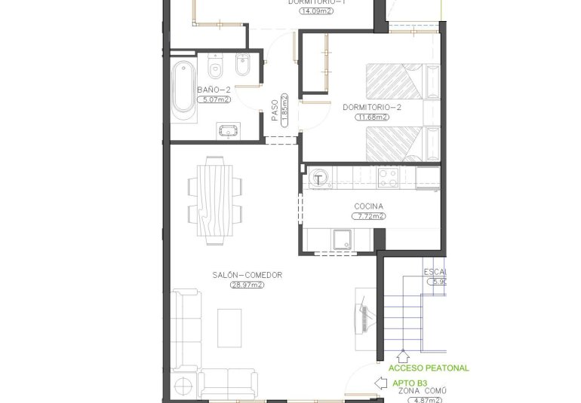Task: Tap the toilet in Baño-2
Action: point(215,69)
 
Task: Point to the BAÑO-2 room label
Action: point(214,90)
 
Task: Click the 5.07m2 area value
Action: point(214,98)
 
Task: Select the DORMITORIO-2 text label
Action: point(371,108)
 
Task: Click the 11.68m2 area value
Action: point(371,117)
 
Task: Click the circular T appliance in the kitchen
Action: point(320,179)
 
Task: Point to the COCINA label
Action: point(368,206)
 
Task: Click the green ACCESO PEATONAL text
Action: point(428,368)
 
